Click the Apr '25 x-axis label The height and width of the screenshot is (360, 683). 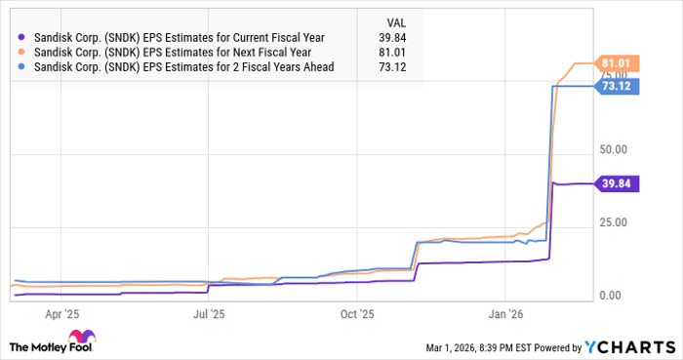coord(60,314)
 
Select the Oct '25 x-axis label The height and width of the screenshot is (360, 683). coord(357,314)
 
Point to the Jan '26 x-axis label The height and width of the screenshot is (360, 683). coord(505,314)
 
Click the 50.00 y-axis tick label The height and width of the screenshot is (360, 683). coord(615,150)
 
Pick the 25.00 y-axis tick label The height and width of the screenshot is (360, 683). coord(615,222)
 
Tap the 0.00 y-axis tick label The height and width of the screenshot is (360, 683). coord(612,296)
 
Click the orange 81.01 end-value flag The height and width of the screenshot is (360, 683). coord(618,63)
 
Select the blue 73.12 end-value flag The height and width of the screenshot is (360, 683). coord(618,87)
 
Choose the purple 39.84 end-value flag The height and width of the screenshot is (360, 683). coord(618,183)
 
